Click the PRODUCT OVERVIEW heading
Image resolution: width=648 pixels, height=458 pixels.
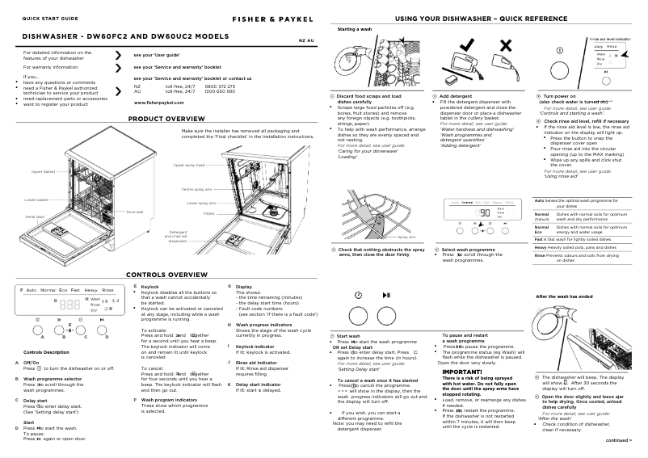(167, 119)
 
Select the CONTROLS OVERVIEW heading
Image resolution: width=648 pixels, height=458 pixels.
(167, 275)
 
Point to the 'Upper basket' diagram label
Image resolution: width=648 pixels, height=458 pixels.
(44, 172)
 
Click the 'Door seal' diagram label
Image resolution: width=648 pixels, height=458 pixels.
(135, 212)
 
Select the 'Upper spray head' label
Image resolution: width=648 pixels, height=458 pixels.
(188, 165)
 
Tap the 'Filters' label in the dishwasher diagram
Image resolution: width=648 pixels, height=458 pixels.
(208, 214)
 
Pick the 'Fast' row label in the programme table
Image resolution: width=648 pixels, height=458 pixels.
(538, 239)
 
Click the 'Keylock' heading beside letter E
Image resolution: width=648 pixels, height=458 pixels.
(150, 287)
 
